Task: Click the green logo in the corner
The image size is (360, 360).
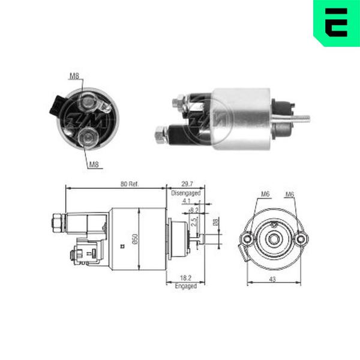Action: coord(337,23)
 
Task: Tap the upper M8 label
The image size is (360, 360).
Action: coord(74,76)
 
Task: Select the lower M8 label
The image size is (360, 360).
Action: coord(94,164)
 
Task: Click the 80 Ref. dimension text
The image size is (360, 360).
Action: coord(130,184)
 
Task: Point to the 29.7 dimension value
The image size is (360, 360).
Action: coord(187,184)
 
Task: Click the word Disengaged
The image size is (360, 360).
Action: coord(186,193)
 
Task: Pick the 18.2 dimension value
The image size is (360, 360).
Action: coord(185,278)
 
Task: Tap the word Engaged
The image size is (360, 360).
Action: coord(186,286)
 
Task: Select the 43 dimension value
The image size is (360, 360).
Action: coord(272,280)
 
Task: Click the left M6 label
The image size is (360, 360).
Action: coord(265,194)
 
